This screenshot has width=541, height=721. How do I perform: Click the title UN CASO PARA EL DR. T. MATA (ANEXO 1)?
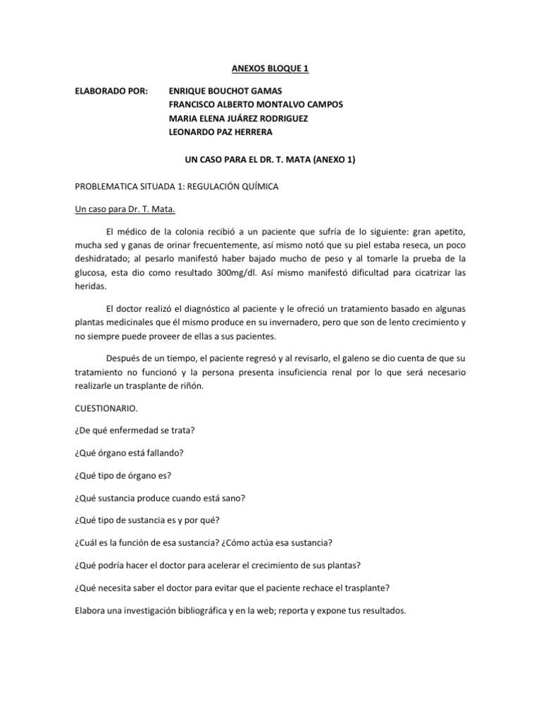click(270, 160)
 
